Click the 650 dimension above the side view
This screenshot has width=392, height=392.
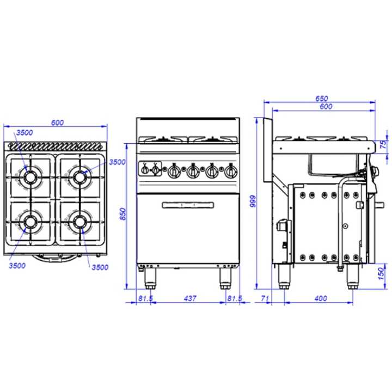[x=322, y=98]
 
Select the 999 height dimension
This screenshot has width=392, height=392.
[x=253, y=201]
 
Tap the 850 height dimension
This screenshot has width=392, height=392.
[x=123, y=214]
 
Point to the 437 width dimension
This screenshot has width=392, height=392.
[x=190, y=298]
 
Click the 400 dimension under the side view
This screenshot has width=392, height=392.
[x=321, y=298]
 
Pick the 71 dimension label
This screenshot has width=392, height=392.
[x=265, y=298]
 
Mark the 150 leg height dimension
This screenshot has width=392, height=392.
[x=381, y=273]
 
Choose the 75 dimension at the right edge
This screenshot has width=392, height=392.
[x=383, y=144]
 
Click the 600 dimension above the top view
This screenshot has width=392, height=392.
[x=57, y=122]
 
